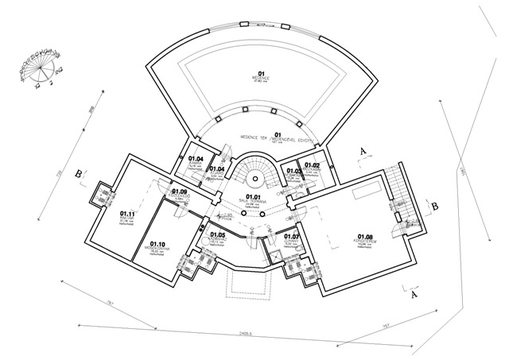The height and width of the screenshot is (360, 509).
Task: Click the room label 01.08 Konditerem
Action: tap(365, 236)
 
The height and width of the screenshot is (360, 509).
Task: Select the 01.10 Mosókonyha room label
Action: tap(156, 246)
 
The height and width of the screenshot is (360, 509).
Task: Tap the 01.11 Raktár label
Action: tap(126, 214)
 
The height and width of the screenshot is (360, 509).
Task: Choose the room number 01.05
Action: tap(218, 234)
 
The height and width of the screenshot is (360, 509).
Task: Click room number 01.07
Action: tap(292, 237)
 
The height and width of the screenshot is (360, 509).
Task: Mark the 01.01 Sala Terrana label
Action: tap(254, 198)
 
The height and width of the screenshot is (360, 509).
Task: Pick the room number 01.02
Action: tap(311, 165)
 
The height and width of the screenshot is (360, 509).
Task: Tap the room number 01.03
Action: tap(293, 171)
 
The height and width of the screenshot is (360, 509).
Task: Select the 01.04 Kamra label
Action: tap(196, 159)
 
